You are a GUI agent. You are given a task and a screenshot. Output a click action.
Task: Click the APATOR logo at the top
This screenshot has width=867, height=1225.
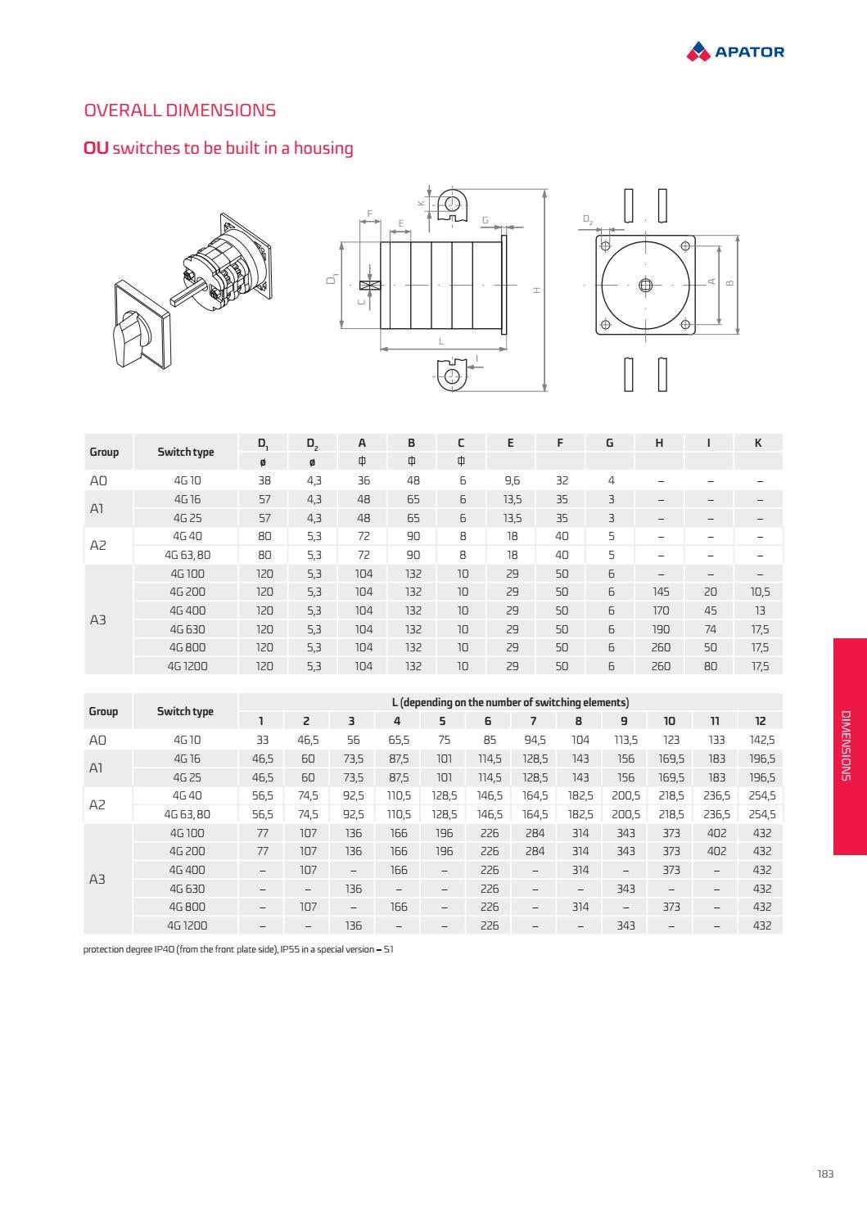point(735,52)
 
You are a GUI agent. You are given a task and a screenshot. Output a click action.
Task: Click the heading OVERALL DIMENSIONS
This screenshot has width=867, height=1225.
point(179,110)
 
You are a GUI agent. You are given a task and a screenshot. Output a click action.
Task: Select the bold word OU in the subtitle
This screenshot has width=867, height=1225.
point(96,148)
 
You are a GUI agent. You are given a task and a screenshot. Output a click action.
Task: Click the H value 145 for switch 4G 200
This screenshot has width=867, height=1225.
point(660,592)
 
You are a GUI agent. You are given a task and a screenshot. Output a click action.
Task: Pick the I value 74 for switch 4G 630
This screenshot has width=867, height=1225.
point(710,629)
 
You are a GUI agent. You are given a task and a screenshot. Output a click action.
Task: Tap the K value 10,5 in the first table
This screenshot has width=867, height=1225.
point(760,592)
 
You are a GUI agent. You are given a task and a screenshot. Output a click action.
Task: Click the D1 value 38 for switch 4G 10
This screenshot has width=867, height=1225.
point(264,481)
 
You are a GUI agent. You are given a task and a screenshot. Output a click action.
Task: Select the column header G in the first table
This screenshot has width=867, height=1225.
point(609,443)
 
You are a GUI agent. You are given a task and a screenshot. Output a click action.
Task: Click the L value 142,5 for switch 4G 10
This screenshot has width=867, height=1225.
point(761,740)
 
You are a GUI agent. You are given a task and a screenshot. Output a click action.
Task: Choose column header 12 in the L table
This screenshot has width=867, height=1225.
point(761,721)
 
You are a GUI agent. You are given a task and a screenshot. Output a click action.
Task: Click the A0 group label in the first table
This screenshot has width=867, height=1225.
point(97,481)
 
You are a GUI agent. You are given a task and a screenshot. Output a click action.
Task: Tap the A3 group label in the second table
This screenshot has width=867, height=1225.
point(97,879)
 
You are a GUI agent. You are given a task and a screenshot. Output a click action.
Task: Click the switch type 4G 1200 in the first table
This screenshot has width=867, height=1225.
point(187,666)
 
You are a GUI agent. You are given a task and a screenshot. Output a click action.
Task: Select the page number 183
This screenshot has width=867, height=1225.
point(824,1173)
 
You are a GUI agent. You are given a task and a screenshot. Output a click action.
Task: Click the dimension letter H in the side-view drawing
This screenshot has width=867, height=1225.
point(537,290)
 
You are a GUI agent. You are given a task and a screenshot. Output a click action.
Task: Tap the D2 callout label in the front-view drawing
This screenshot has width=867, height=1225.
point(588,219)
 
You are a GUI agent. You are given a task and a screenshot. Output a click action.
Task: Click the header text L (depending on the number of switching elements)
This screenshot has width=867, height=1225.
point(510,702)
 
